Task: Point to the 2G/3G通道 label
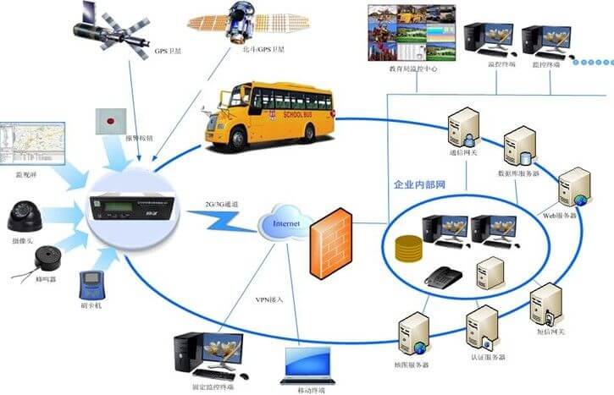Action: tap(222, 205)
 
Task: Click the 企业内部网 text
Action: tap(422, 184)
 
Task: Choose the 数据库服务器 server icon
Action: tap(520, 146)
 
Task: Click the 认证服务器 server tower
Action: tap(482, 326)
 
